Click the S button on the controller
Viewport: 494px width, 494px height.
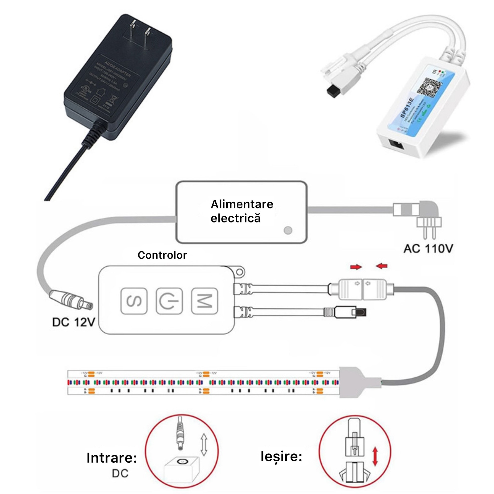[134, 301]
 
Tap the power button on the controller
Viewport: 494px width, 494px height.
[169, 301]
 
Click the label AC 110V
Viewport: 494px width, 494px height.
[428, 248]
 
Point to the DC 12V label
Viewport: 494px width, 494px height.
[74, 322]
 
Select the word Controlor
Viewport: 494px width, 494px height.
[162, 255]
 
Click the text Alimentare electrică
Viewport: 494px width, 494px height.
[242, 211]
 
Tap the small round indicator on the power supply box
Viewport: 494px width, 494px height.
[288, 230]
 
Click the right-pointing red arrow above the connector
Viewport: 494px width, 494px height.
[356, 267]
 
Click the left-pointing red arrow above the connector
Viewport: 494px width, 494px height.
[382, 266]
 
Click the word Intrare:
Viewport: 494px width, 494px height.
[112, 458]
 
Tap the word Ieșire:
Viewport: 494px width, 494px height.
[281, 456]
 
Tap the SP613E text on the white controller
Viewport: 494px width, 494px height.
[407, 107]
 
